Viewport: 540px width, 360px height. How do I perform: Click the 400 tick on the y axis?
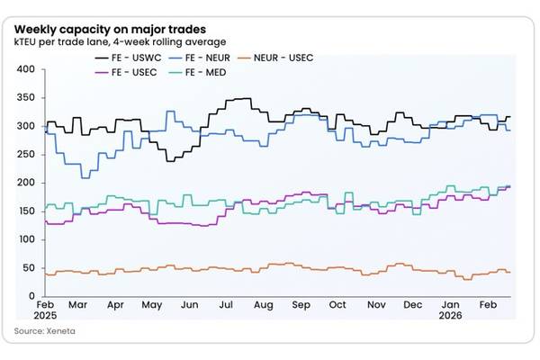[25, 69]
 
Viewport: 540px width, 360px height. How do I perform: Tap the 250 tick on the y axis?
[25, 155]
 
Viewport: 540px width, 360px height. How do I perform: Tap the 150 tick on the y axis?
[25, 211]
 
